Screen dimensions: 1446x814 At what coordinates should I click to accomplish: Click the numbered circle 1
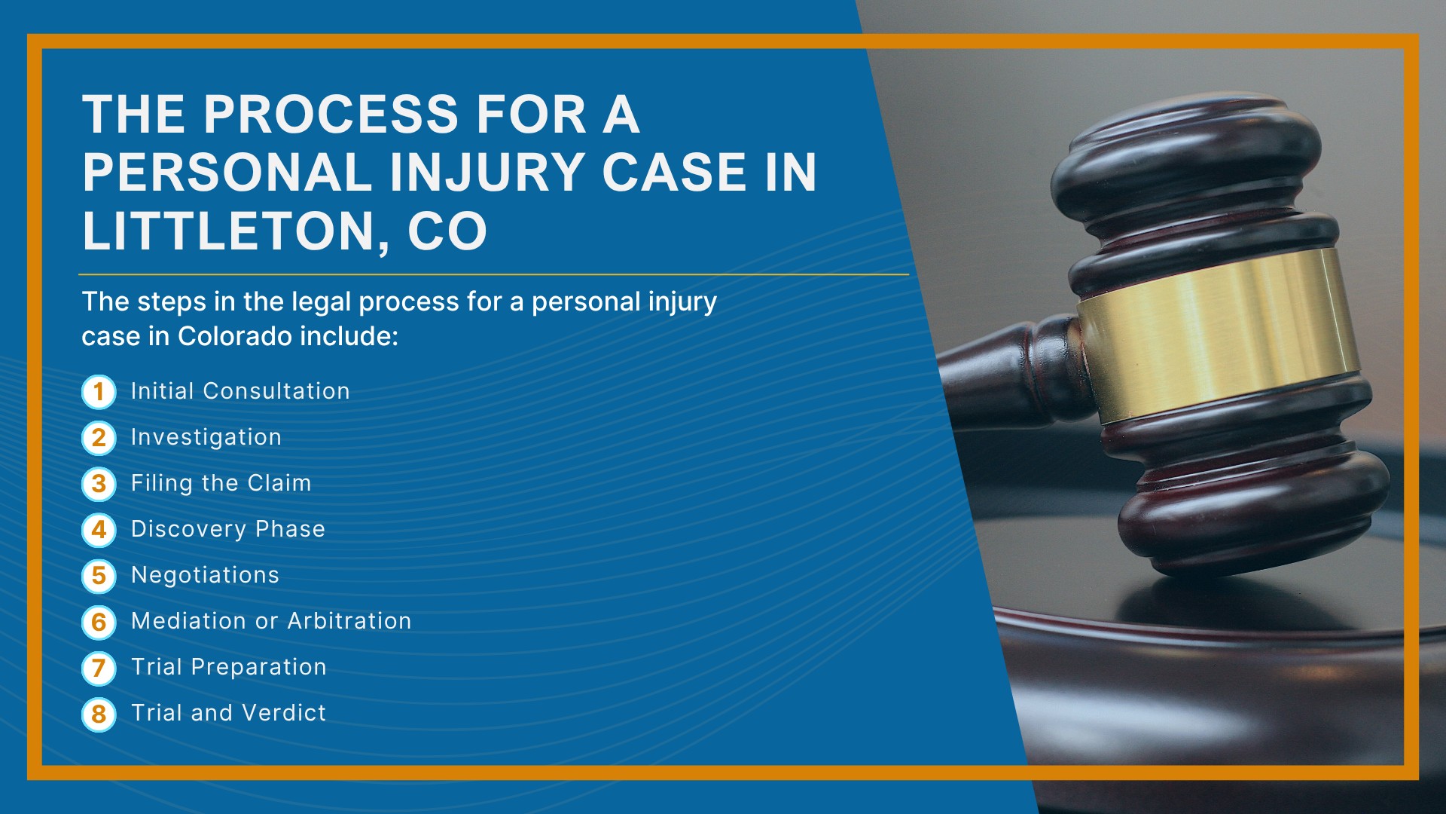[99, 392]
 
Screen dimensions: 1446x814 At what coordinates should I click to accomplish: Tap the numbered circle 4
[99, 530]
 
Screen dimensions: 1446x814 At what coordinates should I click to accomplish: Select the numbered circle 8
[99, 714]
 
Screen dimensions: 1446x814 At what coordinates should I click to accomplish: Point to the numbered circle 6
[99, 622]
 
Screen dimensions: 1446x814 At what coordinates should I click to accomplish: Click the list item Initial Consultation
[240, 391]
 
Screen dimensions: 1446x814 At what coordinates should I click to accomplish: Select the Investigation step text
[206, 438]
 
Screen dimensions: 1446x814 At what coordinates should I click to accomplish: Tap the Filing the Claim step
[221, 483]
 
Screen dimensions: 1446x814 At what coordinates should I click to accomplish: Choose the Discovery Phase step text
[228, 529]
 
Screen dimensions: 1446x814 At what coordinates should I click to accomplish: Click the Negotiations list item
[205, 575]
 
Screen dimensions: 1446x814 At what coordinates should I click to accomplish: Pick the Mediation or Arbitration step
[271, 621]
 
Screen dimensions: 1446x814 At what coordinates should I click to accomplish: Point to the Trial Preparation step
[229, 667]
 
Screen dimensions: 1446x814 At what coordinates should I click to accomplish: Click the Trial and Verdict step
[229, 713]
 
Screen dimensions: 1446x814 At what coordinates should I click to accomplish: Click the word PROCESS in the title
[331, 115]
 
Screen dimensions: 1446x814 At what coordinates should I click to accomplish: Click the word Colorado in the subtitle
[235, 336]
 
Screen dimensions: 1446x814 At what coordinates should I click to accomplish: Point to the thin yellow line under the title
[493, 274]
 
